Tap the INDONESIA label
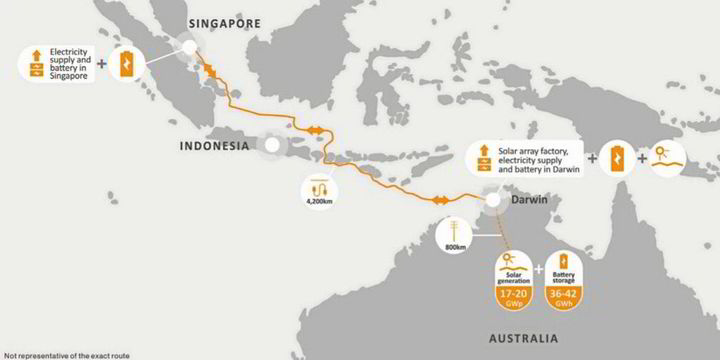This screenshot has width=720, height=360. point(213,145)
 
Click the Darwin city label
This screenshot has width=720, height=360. point(531,200)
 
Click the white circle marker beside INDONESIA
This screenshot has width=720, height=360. point(271,145)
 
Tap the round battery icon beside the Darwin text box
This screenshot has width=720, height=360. point(617,157)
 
